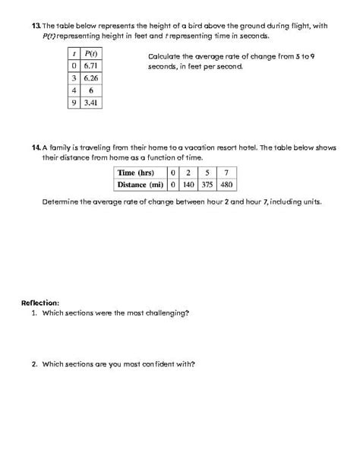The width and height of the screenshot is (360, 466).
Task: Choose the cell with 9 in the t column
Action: pos(73,102)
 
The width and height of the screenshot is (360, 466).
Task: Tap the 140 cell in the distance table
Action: pos(190,185)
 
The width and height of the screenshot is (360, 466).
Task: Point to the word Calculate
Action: pos(165,57)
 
